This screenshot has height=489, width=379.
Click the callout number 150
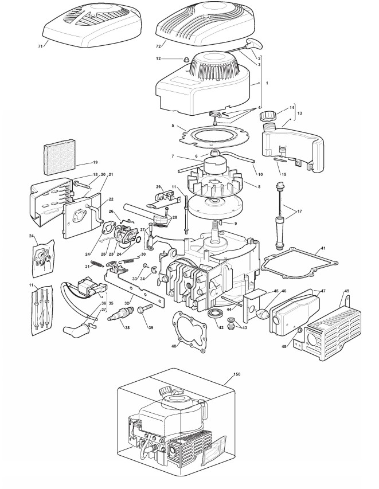click(x=237, y=374)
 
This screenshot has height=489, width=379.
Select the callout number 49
click(x=346, y=292)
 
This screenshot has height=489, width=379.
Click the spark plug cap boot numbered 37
click(x=75, y=331)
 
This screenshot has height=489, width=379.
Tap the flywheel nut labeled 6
click(x=217, y=153)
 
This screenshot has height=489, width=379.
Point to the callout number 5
click(x=172, y=126)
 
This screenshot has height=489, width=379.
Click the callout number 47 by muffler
click(x=322, y=292)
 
